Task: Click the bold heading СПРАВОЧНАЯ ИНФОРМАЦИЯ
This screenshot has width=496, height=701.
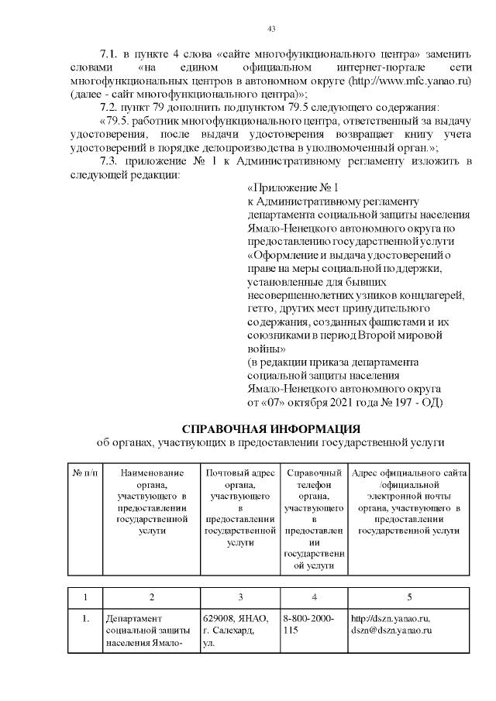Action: click(270, 428)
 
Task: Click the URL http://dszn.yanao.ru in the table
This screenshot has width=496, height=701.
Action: click(391, 618)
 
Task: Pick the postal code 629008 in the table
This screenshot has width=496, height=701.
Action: click(218, 618)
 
